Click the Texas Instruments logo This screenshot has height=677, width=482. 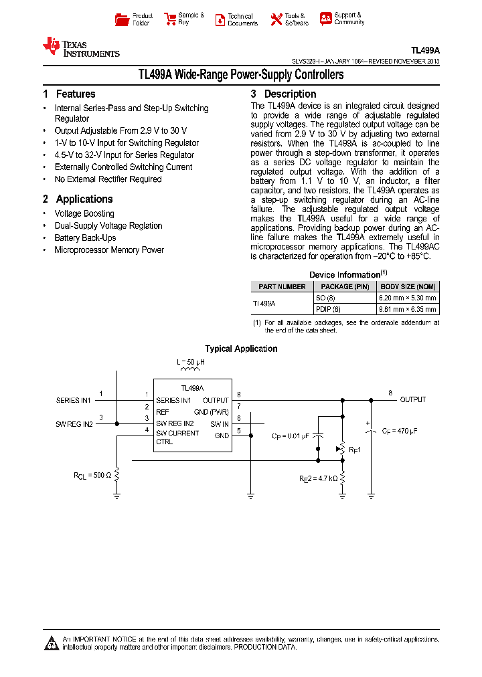[x=80, y=47]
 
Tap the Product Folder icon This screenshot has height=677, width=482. [x=122, y=19]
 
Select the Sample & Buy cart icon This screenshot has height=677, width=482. [x=169, y=19]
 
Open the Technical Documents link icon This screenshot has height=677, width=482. [x=220, y=19]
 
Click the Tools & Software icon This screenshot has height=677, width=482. [x=276, y=19]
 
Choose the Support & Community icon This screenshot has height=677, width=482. [x=325, y=19]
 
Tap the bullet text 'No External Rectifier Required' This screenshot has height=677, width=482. [x=108, y=179]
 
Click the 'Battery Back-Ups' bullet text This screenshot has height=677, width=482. [x=85, y=238]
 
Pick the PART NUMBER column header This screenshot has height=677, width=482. [x=282, y=286]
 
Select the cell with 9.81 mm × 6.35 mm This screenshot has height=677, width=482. [x=408, y=309]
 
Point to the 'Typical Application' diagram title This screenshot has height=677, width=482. [x=241, y=349]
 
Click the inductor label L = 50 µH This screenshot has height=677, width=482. [x=190, y=362]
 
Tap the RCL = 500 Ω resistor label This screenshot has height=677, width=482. [x=92, y=475]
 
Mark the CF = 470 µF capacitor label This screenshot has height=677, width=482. [x=400, y=431]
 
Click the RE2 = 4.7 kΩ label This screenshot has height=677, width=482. [x=318, y=479]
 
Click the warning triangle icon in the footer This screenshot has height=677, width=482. [x=52, y=644]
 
